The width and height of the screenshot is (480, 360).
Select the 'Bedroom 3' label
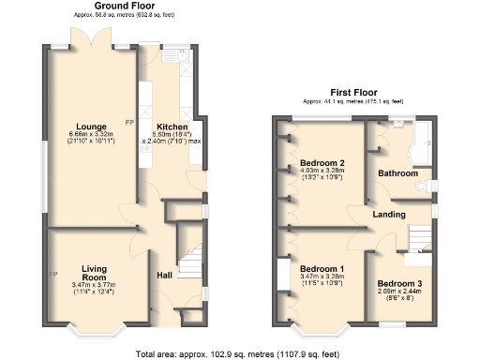[x=399, y=282]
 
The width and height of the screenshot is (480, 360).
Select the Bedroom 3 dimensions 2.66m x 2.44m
[x=399, y=291]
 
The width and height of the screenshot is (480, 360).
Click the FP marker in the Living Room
[x=53, y=274]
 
